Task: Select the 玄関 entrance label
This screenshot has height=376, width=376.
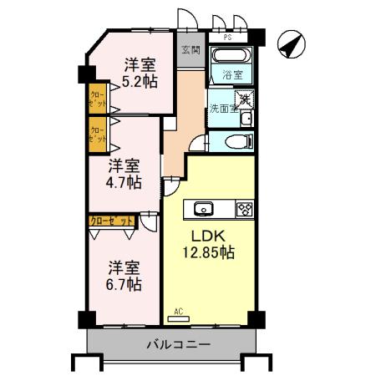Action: [x=191, y=49]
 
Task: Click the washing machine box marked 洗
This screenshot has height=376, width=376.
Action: [x=245, y=99]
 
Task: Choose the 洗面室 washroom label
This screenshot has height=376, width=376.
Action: [x=222, y=109]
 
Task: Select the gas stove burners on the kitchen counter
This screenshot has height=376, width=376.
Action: [x=244, y=209]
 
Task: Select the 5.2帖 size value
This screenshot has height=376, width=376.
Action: [x=139, y=81]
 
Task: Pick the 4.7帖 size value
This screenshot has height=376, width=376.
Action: [x=124, y=181]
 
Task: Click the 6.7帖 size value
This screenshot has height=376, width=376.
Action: [x=123, y=284]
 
